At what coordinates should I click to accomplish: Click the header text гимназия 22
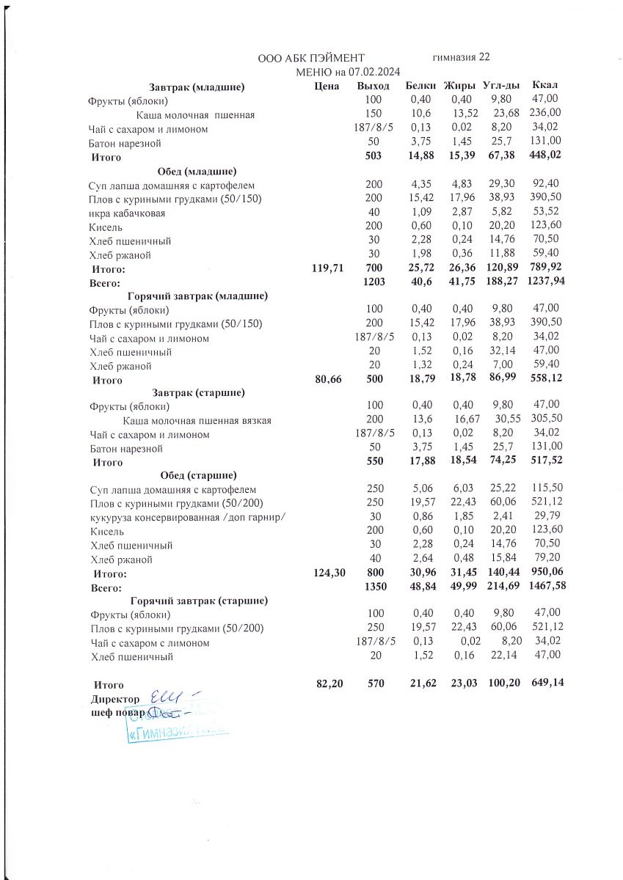[462, 57]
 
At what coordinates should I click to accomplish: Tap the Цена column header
[325, 87]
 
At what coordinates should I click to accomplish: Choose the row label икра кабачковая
[127, 213]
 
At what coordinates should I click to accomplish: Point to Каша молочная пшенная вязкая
[197, 420]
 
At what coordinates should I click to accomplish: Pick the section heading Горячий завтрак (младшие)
[197, 296]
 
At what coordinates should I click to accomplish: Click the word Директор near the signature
[115, 697]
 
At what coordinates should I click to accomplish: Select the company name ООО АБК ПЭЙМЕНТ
[311, 58]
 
